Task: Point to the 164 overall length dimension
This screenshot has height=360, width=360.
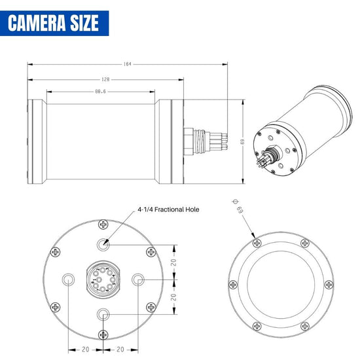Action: tap(127, 64)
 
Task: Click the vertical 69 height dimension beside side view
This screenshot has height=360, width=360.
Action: tap(242, 141)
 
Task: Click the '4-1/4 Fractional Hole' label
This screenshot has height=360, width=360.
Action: tap(168, 210)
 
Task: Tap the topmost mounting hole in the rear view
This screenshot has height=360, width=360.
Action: tap(103, 245)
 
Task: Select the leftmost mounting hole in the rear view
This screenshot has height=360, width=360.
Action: tap(68, 280)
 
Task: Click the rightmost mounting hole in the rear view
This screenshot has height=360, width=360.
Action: tap(138, 280)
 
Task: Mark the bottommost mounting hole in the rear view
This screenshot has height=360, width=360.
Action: tap(103, 315)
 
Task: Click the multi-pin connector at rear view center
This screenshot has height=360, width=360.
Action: tap(103, 280)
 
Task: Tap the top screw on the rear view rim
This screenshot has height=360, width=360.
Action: tap(103, 225)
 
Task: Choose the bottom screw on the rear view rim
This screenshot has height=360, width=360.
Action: tap(103, 336)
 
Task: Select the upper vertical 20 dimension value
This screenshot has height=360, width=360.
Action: tap(174, 262)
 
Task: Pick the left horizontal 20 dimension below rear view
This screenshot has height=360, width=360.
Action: tap(86, 349)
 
